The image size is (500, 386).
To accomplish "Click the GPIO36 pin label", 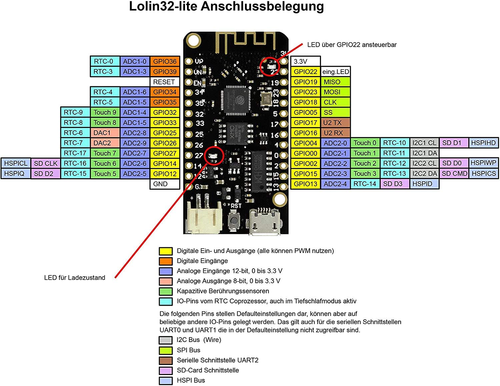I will click(x=165, y=62).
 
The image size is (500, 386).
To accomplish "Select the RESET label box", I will click(x=165, y=82).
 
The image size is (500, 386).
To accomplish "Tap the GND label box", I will click(x=165, y=184).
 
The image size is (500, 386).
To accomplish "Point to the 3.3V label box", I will click(x=305, y=62).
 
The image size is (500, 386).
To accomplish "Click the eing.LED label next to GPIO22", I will click(x=336, y=72).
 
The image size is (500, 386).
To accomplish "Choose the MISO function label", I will click(x=336, y=82).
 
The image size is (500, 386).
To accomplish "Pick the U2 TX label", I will click(x=336, y=123).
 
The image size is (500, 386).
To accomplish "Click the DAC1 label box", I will click(x=105, y=133).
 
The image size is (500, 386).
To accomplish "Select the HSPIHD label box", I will click(x=484, y=143).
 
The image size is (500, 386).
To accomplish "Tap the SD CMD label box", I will click(x=454, y=174).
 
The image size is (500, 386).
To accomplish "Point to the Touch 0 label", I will click(x=365, y=143).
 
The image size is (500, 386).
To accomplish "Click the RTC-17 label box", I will click(x=75, y=153).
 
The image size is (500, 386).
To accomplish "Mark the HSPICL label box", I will click(x=16, y=163).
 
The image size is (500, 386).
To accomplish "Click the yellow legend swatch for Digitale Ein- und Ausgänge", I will click(x=166, y=251).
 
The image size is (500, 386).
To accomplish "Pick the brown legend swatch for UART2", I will click(x=166, y=360).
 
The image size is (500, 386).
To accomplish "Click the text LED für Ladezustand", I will click(x=75, y=278).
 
